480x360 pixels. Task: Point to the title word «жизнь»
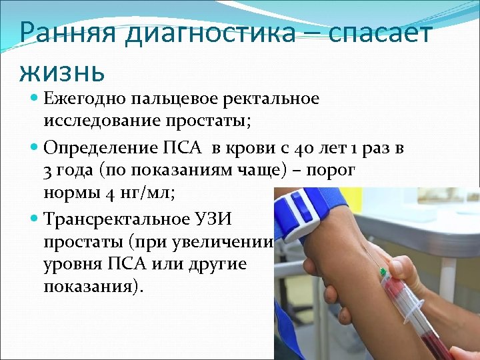62,69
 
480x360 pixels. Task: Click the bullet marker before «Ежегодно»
35,99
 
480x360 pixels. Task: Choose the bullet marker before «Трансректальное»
35,217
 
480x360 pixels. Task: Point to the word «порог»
336,171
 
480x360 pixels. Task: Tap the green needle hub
383,273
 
